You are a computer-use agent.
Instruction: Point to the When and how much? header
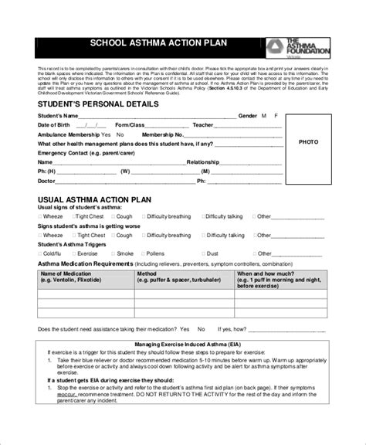[x=265, y=273]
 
